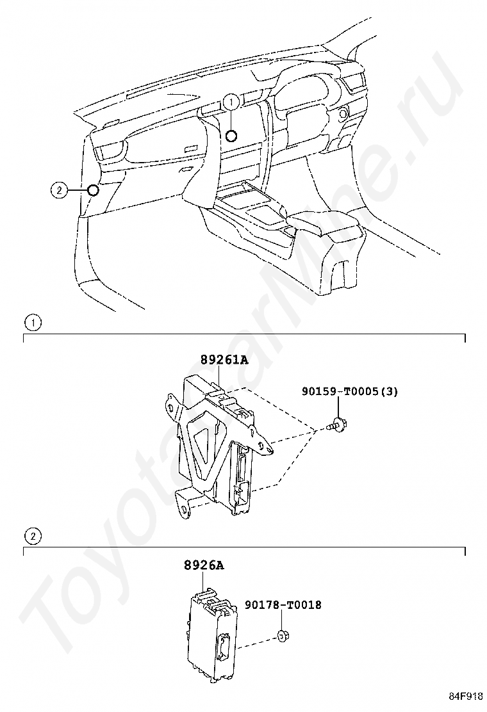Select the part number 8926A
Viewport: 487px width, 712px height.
tap(204, 565)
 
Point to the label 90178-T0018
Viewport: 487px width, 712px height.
tap(282, 604)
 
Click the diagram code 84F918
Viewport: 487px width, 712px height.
tap(465, 696)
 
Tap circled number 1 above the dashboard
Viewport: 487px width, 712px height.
tap(231, 101)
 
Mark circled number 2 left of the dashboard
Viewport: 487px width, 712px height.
tap(58, 190)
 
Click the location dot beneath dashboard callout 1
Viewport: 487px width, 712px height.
tap(231, 135)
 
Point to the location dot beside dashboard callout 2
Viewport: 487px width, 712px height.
tap(93, 190)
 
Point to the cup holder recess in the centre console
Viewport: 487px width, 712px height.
tap(237, 193)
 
